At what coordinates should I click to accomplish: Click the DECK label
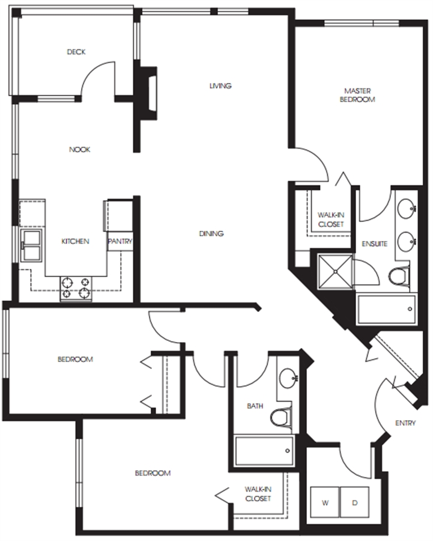point(76,52)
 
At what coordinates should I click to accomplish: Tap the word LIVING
point(220,85)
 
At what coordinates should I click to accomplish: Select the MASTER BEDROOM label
point(357,95)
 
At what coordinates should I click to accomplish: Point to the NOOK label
point(80,150)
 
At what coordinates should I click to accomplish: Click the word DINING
point(211,234)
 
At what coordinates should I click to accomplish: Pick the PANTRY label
point(120,241)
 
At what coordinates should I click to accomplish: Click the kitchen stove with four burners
point(76,289)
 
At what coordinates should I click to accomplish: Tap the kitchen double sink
point(32,246)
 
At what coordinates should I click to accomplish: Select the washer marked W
point(325,502)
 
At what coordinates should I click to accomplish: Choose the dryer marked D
point(355,502)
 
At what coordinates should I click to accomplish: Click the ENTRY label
point(405,423)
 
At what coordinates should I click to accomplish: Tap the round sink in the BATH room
point(288,377)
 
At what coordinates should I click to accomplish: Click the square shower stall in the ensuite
point(335,272)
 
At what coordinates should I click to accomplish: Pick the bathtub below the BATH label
point(264,450)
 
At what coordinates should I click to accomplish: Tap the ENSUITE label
point(374,244)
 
